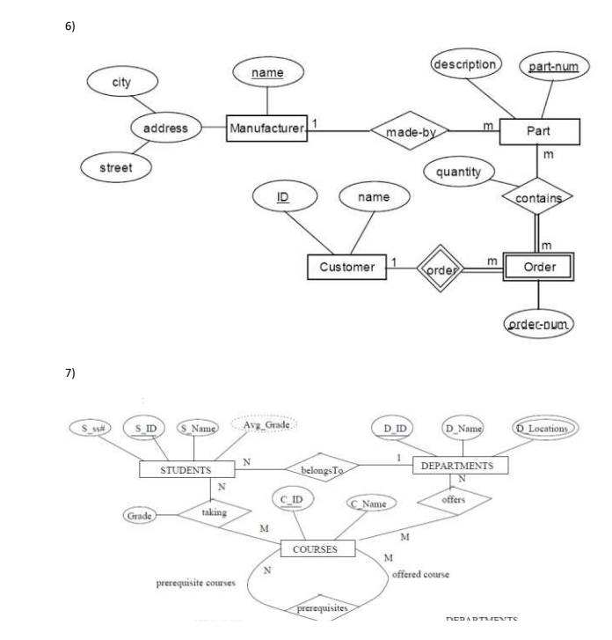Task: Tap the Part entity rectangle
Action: pyautogui.click(x=539, y=130)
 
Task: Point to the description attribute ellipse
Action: pyautogui.click(x=465, y=64)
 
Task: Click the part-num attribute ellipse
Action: pyautogui.click(x=550, y=66)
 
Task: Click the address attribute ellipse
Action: pyautogui.click(x=165, y=129)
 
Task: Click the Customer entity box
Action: pyautogui.click(x=346, y=267)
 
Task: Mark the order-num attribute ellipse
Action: pyautogui.click(x=536, y=327)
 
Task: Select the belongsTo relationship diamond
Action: pyautogui.click(x=320, y=469)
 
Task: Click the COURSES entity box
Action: pyautogui.click(x=317, y=548)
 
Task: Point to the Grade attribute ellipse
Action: pyautogui.click(x=141, y=516)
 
